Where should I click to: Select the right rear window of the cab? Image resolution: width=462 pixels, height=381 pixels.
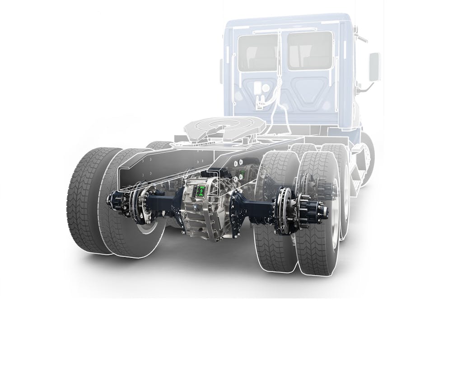point(310,51)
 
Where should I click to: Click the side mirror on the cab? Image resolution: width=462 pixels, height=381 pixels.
point(374,67)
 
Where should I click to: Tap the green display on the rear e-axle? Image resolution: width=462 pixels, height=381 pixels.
point(199,192)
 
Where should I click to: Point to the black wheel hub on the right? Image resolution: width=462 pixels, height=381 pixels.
point(316,210)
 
